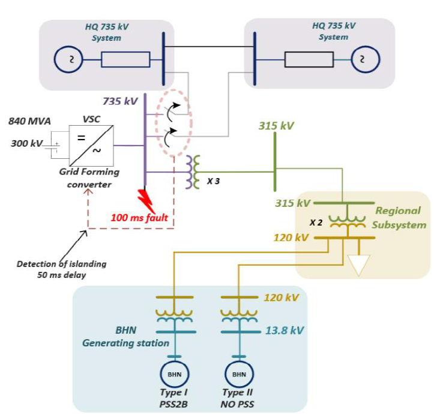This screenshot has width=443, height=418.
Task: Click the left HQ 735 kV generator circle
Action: (x=68, y=60)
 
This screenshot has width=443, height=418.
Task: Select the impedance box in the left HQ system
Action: (x=125, y=60)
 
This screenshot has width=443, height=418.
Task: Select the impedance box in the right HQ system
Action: (x=309, y=60)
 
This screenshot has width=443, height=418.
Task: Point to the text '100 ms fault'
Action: (x=139, y=217)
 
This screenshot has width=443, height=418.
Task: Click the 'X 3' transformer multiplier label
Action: (x=213, y=181)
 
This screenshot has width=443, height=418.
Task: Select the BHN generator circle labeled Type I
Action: (x=173, y=374)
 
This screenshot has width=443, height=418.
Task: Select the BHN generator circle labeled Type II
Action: (x=239, y=374)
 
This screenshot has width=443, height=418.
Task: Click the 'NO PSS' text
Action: (x=238, y=404)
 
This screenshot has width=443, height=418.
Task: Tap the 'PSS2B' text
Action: (x=174, y=404)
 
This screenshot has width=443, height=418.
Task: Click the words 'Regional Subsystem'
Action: (x=398, y=218)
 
